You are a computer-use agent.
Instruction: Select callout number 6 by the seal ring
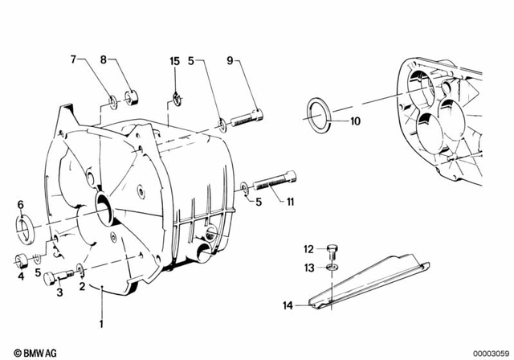point(21,205)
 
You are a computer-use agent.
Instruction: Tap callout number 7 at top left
point(73,59)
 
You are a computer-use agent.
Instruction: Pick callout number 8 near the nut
point(103,59)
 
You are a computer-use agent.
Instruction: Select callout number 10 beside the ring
point(356,122)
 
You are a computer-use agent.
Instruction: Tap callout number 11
point(290,202)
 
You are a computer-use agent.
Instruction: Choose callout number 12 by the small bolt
point(308,248)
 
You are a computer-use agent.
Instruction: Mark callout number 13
point(308,267)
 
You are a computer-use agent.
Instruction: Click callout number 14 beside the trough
point(288,305)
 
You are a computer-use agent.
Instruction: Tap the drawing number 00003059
point(488,350)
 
